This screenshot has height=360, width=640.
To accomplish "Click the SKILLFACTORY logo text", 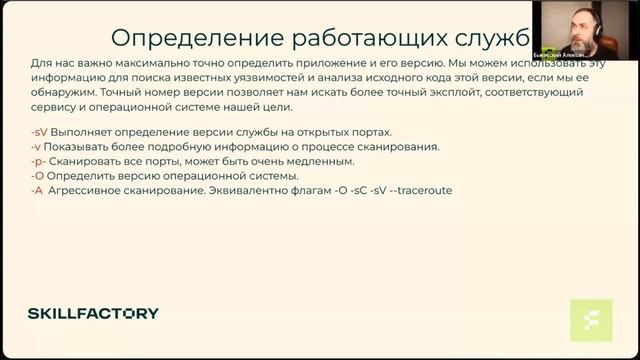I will (x=93, y=313).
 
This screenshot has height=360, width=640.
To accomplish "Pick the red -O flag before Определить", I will (x=37, y=175).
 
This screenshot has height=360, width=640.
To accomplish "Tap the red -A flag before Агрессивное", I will (x=37, y=189).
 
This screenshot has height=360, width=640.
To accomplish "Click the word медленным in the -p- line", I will (x=321, y=161).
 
